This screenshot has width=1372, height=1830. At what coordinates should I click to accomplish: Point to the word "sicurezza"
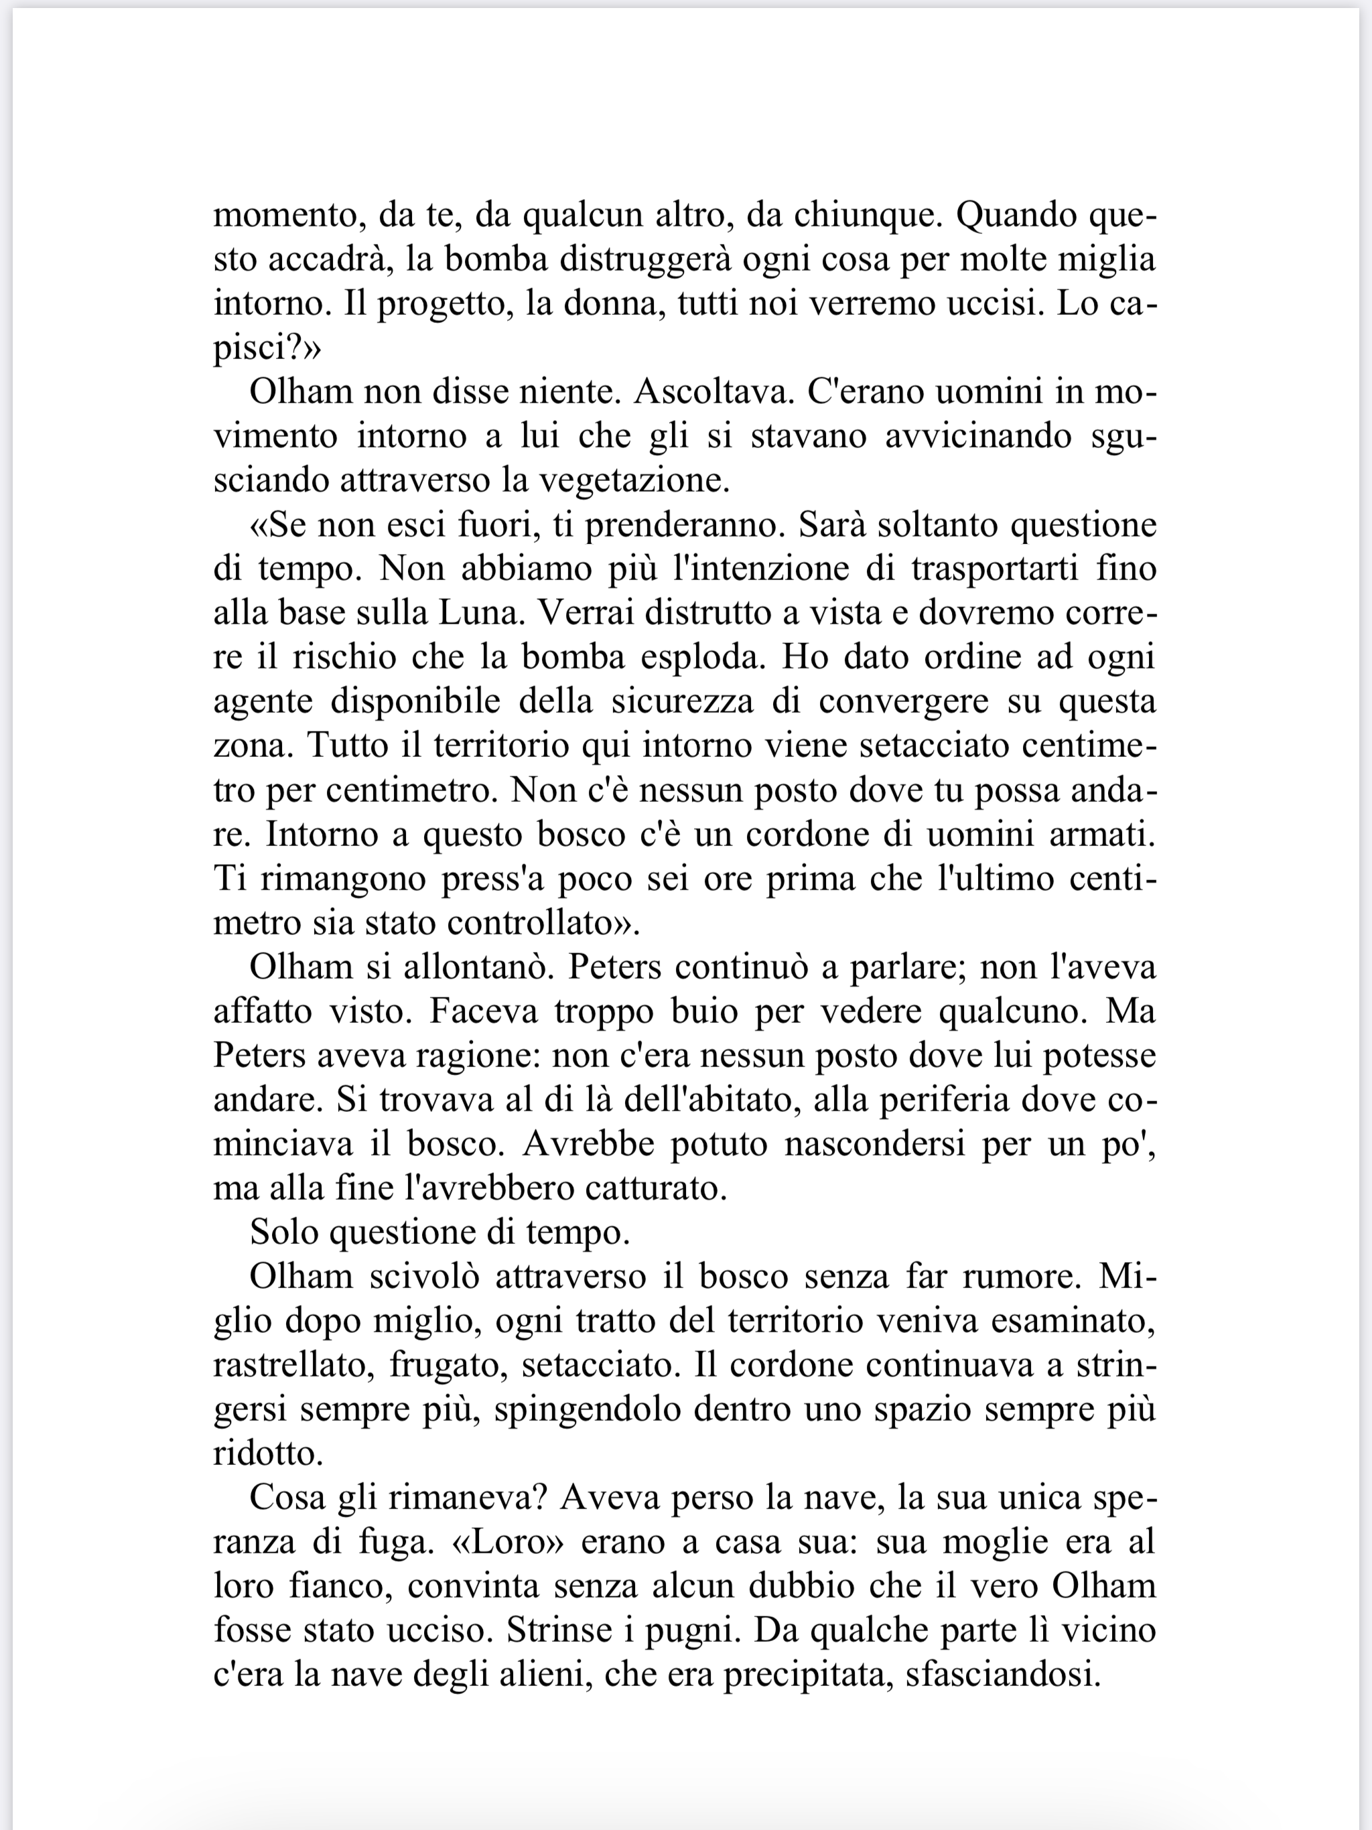[x=683, y=701]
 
